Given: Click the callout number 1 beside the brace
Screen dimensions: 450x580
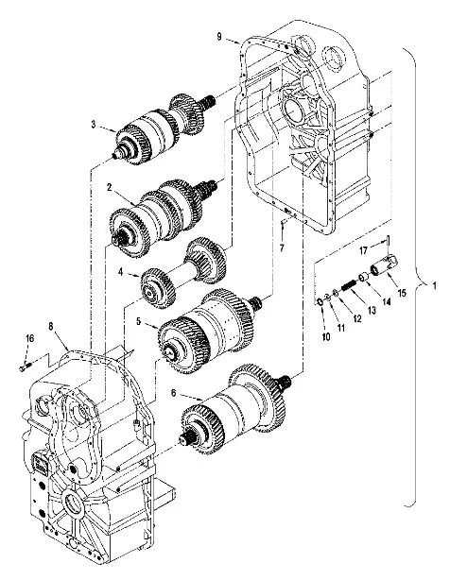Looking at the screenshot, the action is pos(434,285).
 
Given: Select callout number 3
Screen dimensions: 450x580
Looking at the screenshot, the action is pos(94,124).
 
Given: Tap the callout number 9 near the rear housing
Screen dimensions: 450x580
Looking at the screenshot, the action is pos(219,37).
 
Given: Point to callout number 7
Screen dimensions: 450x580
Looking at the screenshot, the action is pos(282,247).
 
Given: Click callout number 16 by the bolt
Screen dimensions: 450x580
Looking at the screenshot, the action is pos(29,338).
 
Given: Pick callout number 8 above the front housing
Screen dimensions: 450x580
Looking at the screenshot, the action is pos(51,326).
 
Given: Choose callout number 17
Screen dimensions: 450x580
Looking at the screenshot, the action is pos(363,250).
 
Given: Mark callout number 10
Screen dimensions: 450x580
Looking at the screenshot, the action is pos(326,336).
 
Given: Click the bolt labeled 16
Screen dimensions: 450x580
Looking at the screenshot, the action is pos(25,367).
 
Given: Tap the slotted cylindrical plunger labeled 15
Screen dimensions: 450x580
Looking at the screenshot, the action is pos(385,264).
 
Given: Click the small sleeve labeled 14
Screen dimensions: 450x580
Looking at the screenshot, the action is pos(362,277).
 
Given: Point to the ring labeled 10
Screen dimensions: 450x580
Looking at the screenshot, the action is pos(320,303).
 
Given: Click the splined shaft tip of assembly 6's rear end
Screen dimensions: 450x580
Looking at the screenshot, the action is pos(285,384).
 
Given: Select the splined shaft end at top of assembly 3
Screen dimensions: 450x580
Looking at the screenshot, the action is pos(209,100).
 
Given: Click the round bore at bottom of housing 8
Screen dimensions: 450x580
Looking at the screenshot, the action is pos(73,503).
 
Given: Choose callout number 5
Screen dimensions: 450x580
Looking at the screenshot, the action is pos(138,321).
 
